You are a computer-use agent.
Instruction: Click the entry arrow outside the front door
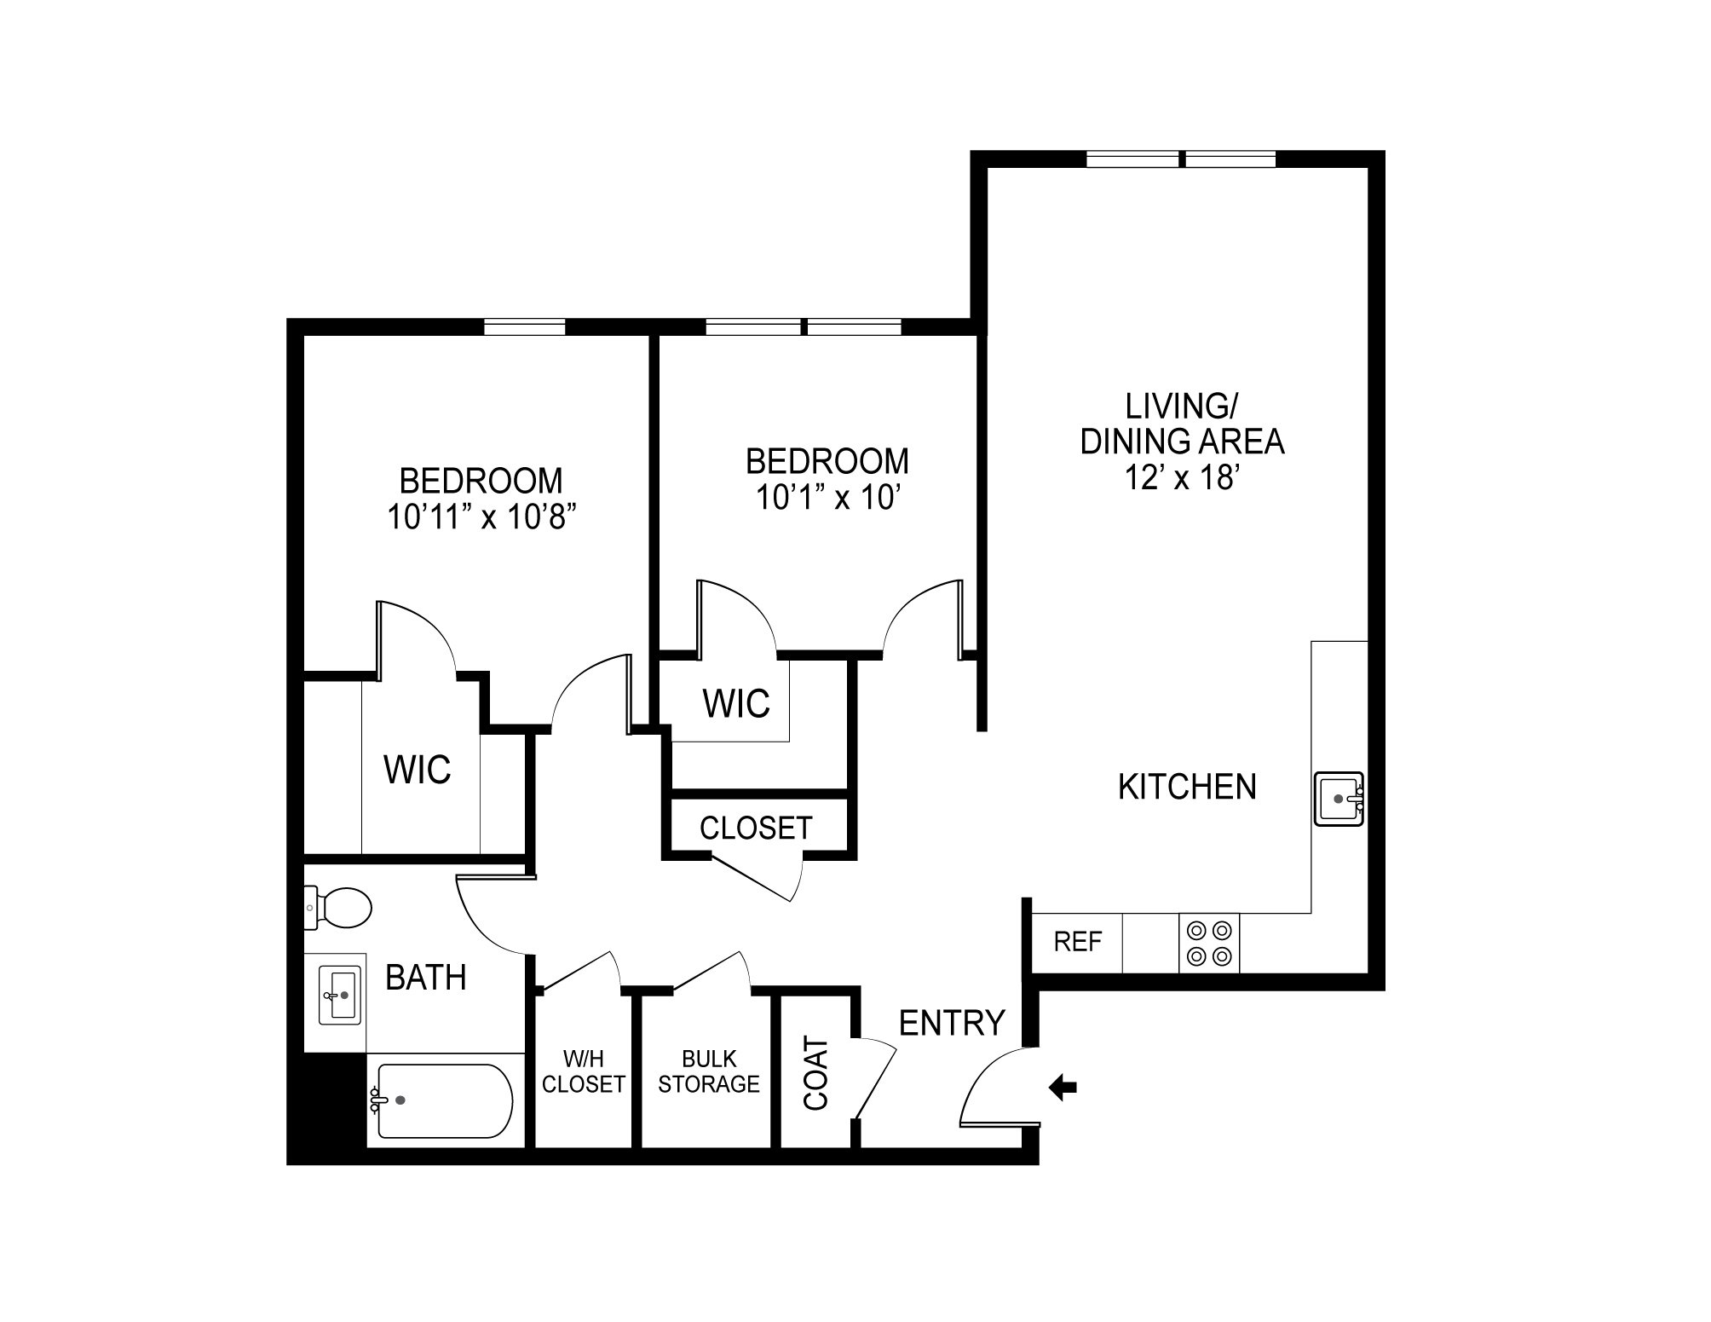point(1063,1088)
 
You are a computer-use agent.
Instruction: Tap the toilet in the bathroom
point(341,907)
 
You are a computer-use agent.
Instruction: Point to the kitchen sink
point(1339,799)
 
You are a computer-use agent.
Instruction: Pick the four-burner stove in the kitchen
point(1210,944)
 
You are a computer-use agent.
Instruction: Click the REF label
point(1078,942)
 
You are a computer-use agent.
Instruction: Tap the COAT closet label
point(816,1073)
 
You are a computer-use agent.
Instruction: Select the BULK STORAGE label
point(709,1071)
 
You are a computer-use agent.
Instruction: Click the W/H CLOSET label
point(584,1071)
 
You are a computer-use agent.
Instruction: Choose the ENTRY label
point(952,1022)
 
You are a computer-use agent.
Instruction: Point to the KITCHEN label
point(1187,787)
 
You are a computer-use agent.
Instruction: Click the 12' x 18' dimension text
point(1182,478)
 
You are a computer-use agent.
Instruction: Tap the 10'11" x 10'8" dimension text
point(478,517)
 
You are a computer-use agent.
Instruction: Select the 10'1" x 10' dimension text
point(828,497)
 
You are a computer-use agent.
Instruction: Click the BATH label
point(426,978)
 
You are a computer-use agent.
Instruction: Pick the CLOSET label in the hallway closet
point(756,827)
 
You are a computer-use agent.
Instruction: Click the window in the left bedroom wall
point(525,326)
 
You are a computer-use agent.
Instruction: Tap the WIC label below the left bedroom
point(418,770)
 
